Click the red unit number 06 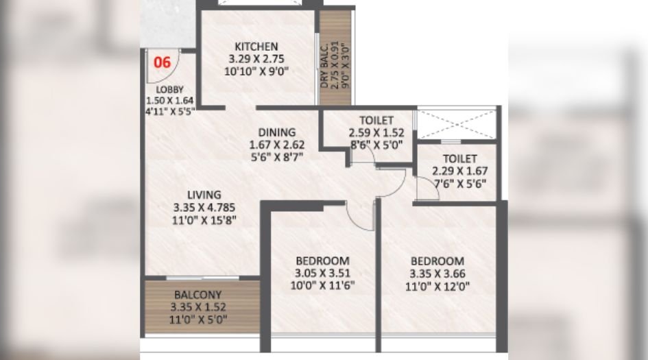[x=163, y=62]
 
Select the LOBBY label [x=169, y=90]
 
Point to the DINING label [x=277, y=132]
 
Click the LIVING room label [x=204, y=196]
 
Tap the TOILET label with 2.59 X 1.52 [x=371, y=121]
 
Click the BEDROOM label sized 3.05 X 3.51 [x=322, y=261]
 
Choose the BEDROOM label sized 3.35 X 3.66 [x=437, y=261]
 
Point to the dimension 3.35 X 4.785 [x=204, y=208]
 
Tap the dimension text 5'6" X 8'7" [x=277, y=156]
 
